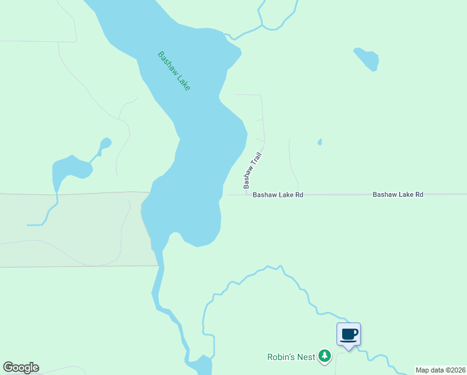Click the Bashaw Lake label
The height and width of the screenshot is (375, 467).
click(174, 71)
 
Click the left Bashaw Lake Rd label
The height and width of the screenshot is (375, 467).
click(278, 195)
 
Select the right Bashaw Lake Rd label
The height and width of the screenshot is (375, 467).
click(398, 195)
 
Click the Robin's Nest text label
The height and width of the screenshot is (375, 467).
click(290, 357)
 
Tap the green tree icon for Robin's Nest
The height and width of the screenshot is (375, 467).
click(324, 356)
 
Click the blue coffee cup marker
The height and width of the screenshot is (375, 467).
click(348, 334)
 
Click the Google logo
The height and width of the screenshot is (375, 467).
click(21, 367)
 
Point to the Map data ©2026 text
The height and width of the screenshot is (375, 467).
click(440, 370)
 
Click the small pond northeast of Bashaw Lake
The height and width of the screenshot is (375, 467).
click(366, 58)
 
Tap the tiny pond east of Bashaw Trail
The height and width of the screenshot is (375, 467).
click(320, 142)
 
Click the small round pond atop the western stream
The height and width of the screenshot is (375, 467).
click(106, 143)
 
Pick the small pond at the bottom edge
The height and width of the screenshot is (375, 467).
click(202, 366)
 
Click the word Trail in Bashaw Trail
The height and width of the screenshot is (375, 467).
click(256, 159)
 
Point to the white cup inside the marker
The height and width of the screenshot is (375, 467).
click(348, 333)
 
